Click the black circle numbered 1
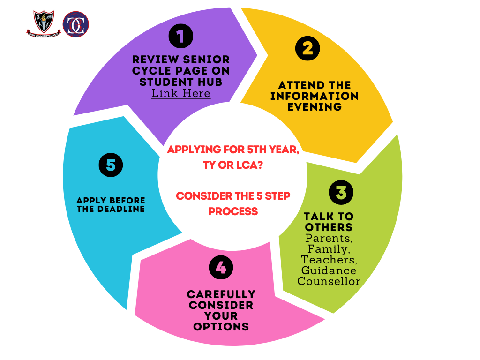pos(181,36)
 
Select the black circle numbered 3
pos(341,192)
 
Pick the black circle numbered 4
pos(221,267)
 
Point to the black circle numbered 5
pos(111,165)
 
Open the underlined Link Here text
pos(181,93)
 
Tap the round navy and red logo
pos(75,24)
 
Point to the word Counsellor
pos(329,281)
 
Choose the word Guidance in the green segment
pos(329,270)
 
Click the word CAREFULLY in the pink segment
pos(221,294)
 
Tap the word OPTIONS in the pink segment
pos(221,327)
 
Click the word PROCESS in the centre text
pos(233,211)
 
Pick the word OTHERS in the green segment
pos(328,227)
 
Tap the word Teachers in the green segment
pos(328,260)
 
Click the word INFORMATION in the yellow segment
pos(314,96)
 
